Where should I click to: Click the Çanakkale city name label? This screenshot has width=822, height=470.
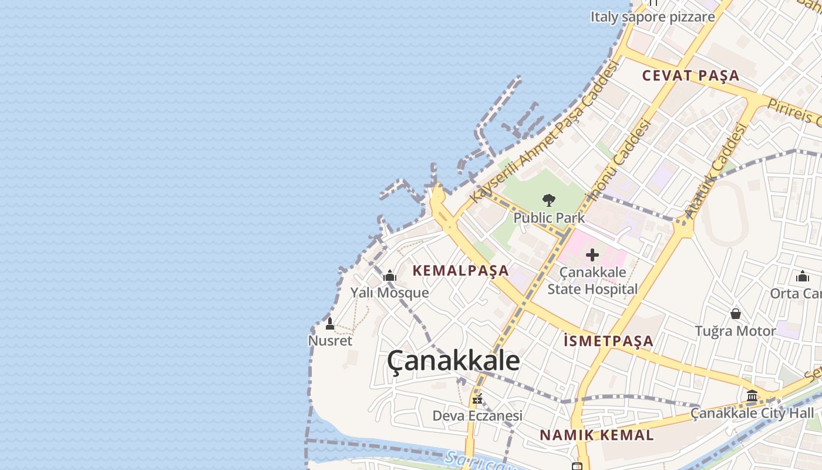(x=453, y=361)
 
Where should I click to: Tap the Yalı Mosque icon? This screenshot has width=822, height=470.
(x=390, y=276)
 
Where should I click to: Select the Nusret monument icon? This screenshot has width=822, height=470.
(x=330, y=324)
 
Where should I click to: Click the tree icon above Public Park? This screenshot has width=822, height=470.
(x=549, y=200)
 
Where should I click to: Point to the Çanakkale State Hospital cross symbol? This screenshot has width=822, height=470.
(x=592, y=255)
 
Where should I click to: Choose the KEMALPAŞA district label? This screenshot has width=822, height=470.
(x=460, y=270)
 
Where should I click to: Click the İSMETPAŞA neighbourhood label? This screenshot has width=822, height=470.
(x=608, y=341)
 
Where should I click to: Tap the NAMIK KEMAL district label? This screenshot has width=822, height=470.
(x=597, y=435)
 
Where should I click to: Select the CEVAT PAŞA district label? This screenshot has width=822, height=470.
(x=690, y=75)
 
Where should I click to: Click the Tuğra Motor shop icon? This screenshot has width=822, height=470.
(x=735, y=314)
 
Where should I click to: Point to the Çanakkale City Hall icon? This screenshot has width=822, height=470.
(x=752, y=395)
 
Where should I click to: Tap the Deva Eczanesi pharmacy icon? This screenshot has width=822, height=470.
(x=477, y=399)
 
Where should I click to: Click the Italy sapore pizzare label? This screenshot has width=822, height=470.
(x=652, y=16)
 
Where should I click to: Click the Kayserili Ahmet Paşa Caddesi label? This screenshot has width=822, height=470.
(x=545, y=132)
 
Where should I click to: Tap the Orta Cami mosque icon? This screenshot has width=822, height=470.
(x=802, y=276)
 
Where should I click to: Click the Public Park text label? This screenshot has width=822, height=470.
(x=549, y=218)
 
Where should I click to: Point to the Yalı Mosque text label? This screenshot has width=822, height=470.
(x=389, y=292)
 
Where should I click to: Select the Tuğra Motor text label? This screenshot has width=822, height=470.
(x=735, y=331)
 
